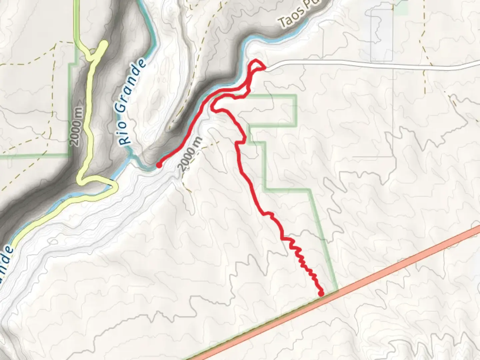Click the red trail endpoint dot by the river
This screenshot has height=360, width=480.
(159, 165)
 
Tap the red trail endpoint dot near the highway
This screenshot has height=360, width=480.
(321, 293)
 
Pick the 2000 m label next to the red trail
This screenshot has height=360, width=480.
(190, 154)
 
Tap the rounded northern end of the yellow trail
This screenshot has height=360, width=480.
(104, 44)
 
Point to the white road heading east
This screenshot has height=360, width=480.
(367, 64)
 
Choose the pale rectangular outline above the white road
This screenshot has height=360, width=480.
(381, 35)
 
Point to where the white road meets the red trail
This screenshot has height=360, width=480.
(265, 68)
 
